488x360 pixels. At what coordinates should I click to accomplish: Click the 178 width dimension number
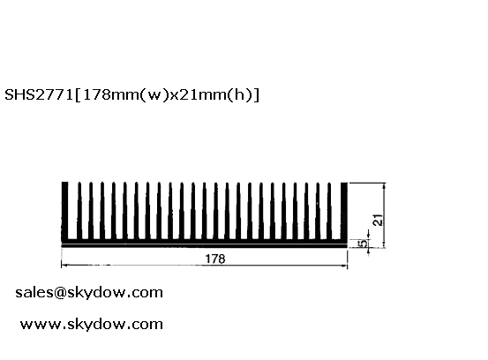click(215, 259)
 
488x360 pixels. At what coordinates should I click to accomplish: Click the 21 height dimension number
click(379, 220)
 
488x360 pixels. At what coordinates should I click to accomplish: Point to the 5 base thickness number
click(363, 244)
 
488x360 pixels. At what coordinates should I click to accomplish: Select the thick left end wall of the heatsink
click(64, 211)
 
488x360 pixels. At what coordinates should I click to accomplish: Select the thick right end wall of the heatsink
click(344, 211)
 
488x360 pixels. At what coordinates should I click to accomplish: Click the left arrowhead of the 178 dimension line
click(64, 265)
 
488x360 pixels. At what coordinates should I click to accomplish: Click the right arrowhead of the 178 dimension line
click(344, 266)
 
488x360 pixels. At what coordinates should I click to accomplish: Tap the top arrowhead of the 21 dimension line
click(385, 186)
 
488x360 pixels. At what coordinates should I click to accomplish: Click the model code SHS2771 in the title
click(39, 95)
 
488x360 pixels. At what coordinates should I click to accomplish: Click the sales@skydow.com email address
click(89, 292)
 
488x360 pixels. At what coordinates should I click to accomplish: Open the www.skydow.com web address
click(92, 324)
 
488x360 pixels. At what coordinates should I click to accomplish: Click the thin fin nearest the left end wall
click(79, 211)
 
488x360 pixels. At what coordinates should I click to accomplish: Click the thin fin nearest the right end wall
click(329, 211)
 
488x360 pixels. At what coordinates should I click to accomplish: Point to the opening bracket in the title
click(78, 95)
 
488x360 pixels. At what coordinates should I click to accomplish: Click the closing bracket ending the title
click(256, 95)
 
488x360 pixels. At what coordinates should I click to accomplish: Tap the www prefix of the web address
click(41, 325)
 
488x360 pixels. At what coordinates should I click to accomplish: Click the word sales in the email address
click(34, 292)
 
